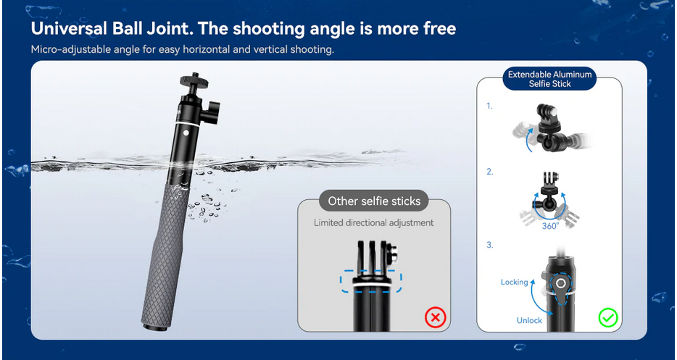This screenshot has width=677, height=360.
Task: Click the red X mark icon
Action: click(435, 318)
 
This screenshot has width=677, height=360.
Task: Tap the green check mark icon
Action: click(608, 318)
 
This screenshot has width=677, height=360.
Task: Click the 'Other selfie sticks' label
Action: click(374, 201)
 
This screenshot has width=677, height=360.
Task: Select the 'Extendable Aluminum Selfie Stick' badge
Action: click(549, 79)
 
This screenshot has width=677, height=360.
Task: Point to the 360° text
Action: click(550, 225)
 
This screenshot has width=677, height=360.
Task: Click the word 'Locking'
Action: click(514, 282)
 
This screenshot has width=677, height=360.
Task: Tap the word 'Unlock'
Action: click(529, 320)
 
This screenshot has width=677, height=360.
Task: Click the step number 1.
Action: click(489, 106)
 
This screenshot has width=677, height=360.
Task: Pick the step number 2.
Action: click(489, 172)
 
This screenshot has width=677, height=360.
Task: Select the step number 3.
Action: click(489, 245)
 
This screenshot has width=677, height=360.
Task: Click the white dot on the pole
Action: click(186, 133)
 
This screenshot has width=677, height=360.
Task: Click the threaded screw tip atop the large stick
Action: click(195, 74)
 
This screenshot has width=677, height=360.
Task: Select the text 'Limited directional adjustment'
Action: click(373, 222)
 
